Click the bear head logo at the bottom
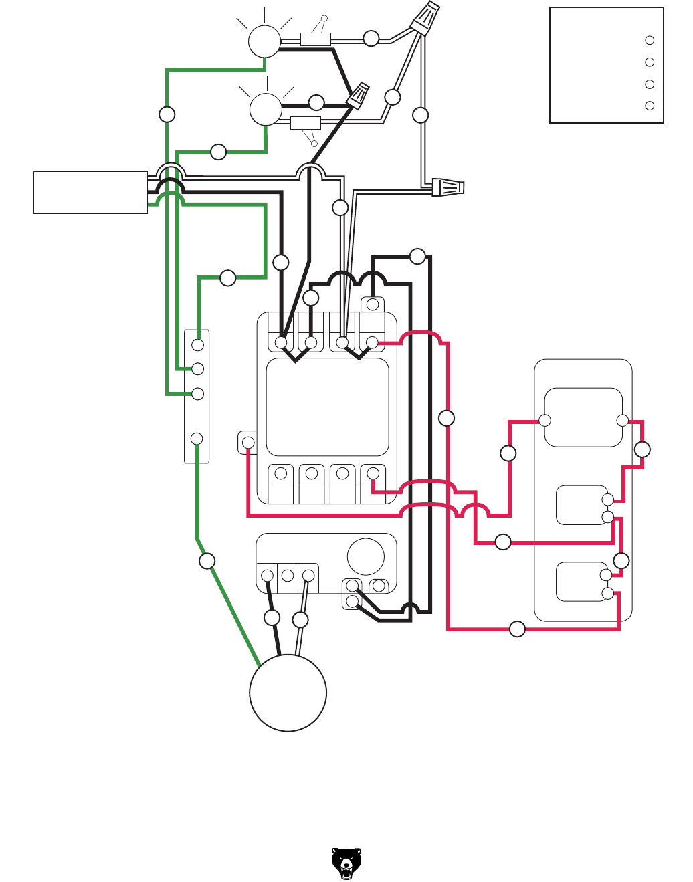(346, 863)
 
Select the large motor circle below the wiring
(288, 693)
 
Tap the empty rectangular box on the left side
(90, 193)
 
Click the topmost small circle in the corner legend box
(649, 40)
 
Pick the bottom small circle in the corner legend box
(649, 106)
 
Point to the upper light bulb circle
(264, 41)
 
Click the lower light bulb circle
(266, 109)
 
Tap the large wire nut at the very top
(425, 18)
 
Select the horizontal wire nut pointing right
(448, 187)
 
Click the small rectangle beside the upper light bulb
(316, 39)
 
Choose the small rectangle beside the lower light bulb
(305, 122)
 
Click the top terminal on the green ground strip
(197, 345)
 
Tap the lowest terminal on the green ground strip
(197, 439)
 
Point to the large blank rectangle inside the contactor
(328, 407)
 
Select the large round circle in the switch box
(366, 556)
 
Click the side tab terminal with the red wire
(248, 442)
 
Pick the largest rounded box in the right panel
(583, 417)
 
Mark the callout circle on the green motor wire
(207, 561)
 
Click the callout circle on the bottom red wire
(517, 629)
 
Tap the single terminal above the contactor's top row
(373, 305)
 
